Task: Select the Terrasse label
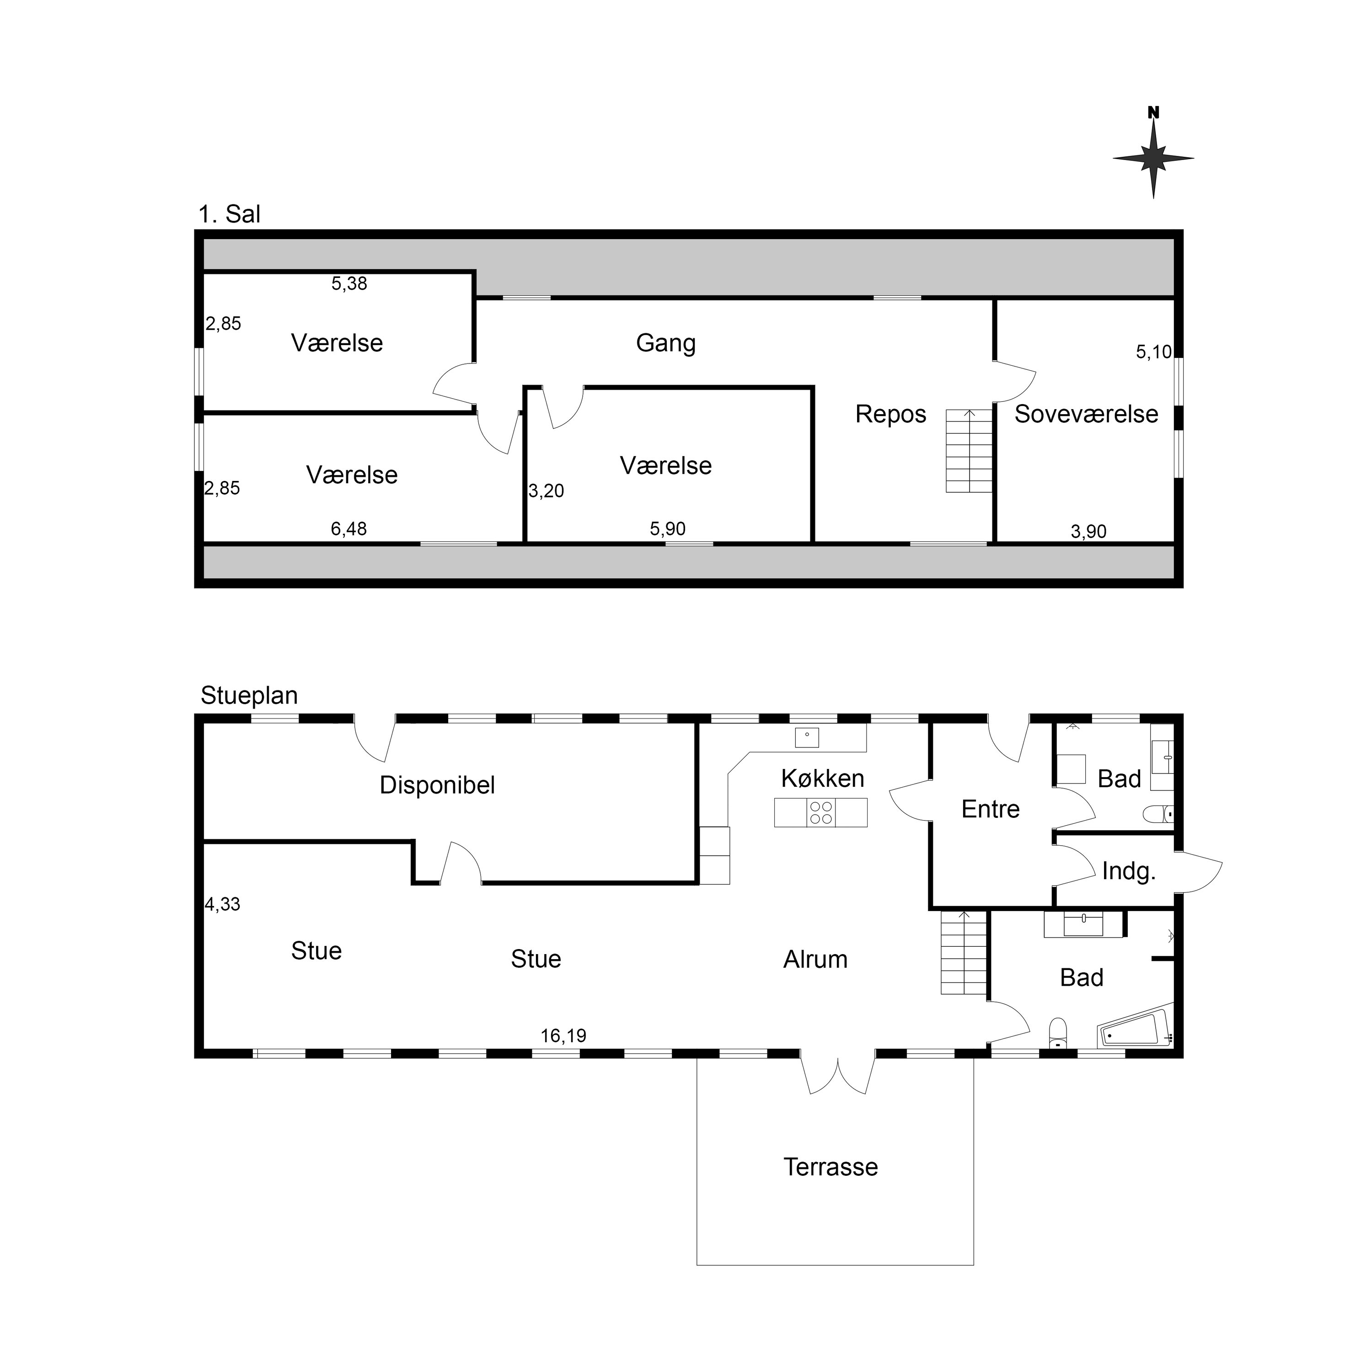click(x=831, y=1167)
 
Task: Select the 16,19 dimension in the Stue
click(x=563, y=1036)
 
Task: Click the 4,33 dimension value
click(x=222, y=904)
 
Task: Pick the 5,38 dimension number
click(x=349, y=283)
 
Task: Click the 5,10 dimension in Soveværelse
click(x=1154, y=352)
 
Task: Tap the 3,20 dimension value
click(x=546, y=491)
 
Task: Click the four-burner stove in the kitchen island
click(x=821, y=812)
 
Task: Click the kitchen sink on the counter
click(x=807, y=738)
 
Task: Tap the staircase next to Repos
click(x=969, y=451)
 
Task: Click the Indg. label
click(x=1128, y=871)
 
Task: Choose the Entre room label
click(x=990, y=809)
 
